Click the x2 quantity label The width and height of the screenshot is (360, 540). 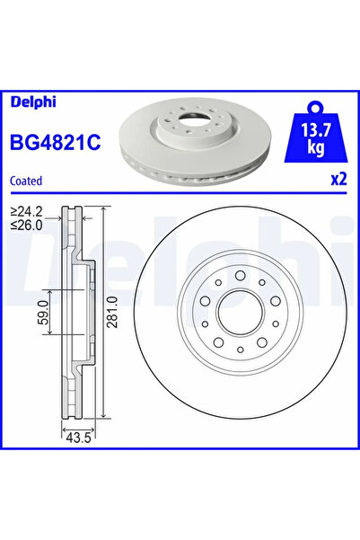point(338,179)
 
